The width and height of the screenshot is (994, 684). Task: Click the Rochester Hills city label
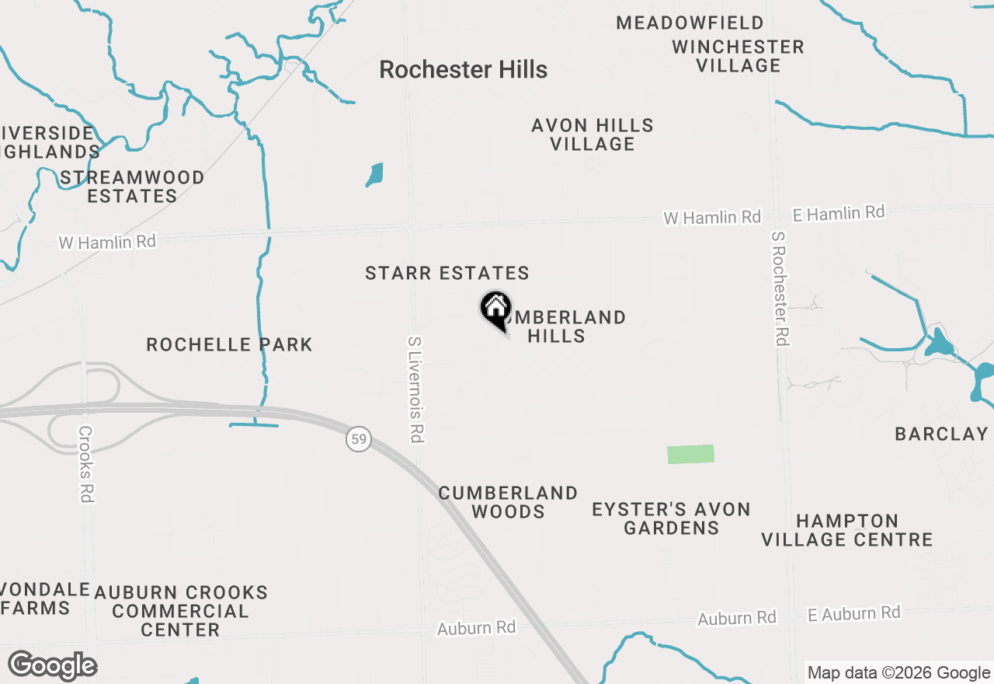[x=463, y=70]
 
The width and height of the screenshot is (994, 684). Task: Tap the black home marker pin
[x=495, y=309]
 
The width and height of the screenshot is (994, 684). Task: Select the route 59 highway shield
[x=358, y=440]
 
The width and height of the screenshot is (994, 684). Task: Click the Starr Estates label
[x=447, y=274]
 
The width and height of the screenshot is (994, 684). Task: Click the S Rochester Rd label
[x=780, y=288]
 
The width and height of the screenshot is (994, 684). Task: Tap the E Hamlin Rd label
[x=839, y=213]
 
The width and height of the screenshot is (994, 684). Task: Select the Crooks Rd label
[x=85, y=463]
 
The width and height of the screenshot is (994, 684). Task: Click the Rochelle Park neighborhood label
[x=229, y=344]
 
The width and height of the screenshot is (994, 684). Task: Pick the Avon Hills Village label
[x=593, y=134]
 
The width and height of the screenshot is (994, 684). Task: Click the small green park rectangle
[x=690, y=454]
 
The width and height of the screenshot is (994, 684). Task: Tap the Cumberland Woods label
[x=508, y=502]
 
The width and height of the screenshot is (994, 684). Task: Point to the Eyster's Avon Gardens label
[x=671, y=518]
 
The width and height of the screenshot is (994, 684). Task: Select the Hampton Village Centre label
[x=846, y=530]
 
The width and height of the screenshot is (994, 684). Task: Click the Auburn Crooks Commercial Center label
[x=181, y=611]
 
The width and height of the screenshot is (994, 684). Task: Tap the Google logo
[x=52, y=666]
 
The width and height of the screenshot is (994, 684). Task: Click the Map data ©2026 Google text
[x=898, y=673]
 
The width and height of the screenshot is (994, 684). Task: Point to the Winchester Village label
[x=738, y=56]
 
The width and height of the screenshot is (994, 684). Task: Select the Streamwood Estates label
[x=132, y=187]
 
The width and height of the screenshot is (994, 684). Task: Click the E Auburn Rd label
[x=853, y=613]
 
